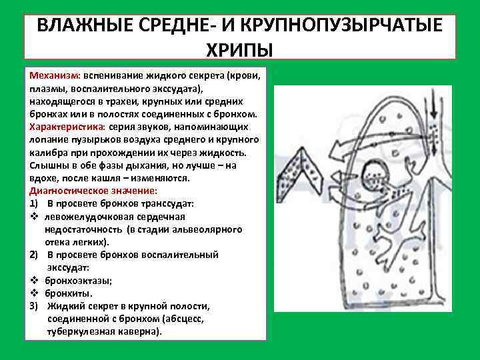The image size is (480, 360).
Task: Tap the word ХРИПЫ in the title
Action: [x=239, y=50]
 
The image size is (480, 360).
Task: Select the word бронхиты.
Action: [x=69, y=293]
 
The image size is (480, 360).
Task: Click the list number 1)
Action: [x=34, y=203]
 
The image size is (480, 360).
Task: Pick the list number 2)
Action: [x=34, y=255]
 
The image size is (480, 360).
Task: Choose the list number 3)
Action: [x=34, y=306]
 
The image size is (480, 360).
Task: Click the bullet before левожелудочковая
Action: [x=33, y=217]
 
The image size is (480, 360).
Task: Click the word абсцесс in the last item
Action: [x=187, y=319]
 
